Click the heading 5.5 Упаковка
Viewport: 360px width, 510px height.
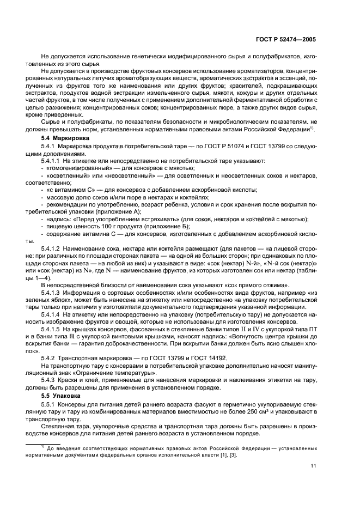(59, 393)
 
